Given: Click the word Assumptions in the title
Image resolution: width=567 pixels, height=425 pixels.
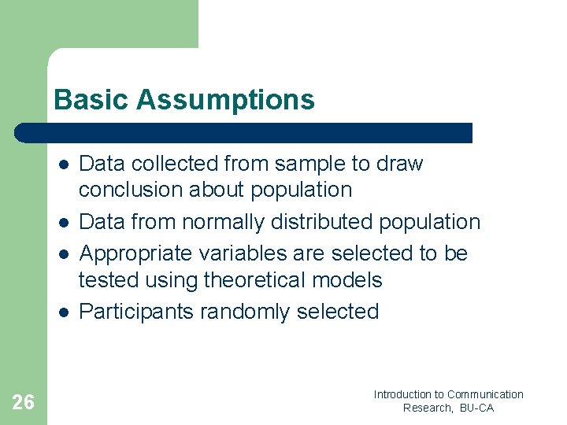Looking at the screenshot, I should pos(225,100).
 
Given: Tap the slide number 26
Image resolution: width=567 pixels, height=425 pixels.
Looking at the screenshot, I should pos(24,403).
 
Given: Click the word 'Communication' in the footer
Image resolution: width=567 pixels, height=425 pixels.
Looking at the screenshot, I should pos(485,394).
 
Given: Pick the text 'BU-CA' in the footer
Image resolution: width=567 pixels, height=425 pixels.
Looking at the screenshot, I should pos(477,408).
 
